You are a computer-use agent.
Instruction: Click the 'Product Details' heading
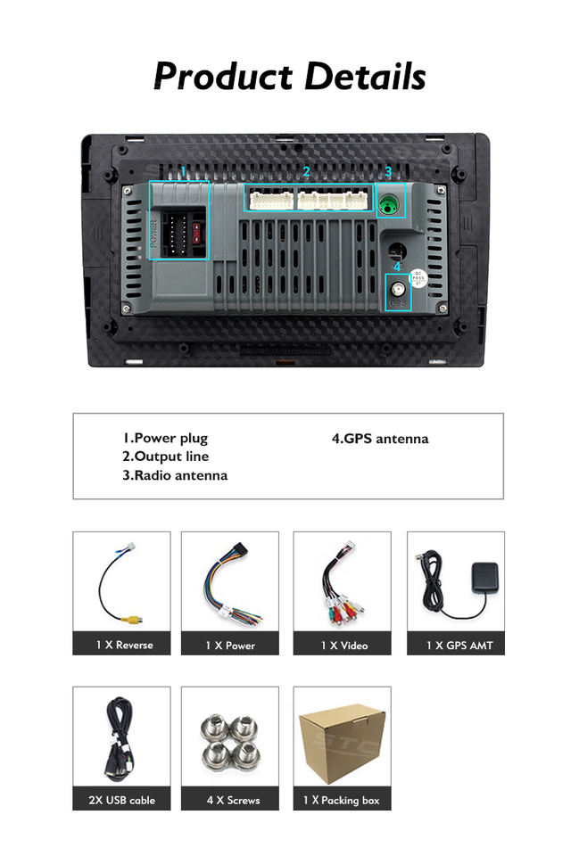(289, 77)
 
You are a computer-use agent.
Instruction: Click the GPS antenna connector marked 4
(397, 291)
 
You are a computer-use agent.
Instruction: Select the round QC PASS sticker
(418, 279)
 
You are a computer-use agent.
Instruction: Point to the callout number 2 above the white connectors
(306, 171)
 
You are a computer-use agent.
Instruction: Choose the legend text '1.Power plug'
(165, 438)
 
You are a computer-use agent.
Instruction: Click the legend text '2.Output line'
(165, 457)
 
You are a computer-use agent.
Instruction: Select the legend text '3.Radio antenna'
(175, 475)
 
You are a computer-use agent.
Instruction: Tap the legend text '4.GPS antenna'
(380, 438)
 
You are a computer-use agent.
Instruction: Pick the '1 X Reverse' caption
(121, 645)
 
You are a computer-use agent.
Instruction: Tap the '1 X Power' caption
(230, 645)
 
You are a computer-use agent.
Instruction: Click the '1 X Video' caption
(342, 645)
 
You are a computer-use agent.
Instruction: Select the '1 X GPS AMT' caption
(456, 645)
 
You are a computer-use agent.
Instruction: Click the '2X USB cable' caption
(121, 800)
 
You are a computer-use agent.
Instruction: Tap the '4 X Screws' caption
(230, 800)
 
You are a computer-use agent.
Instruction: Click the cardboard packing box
(342, 740)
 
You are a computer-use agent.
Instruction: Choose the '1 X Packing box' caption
(342, 800)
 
